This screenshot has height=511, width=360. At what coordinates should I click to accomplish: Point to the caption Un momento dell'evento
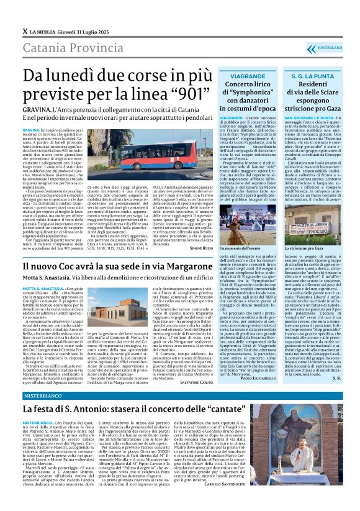coord(244,247)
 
